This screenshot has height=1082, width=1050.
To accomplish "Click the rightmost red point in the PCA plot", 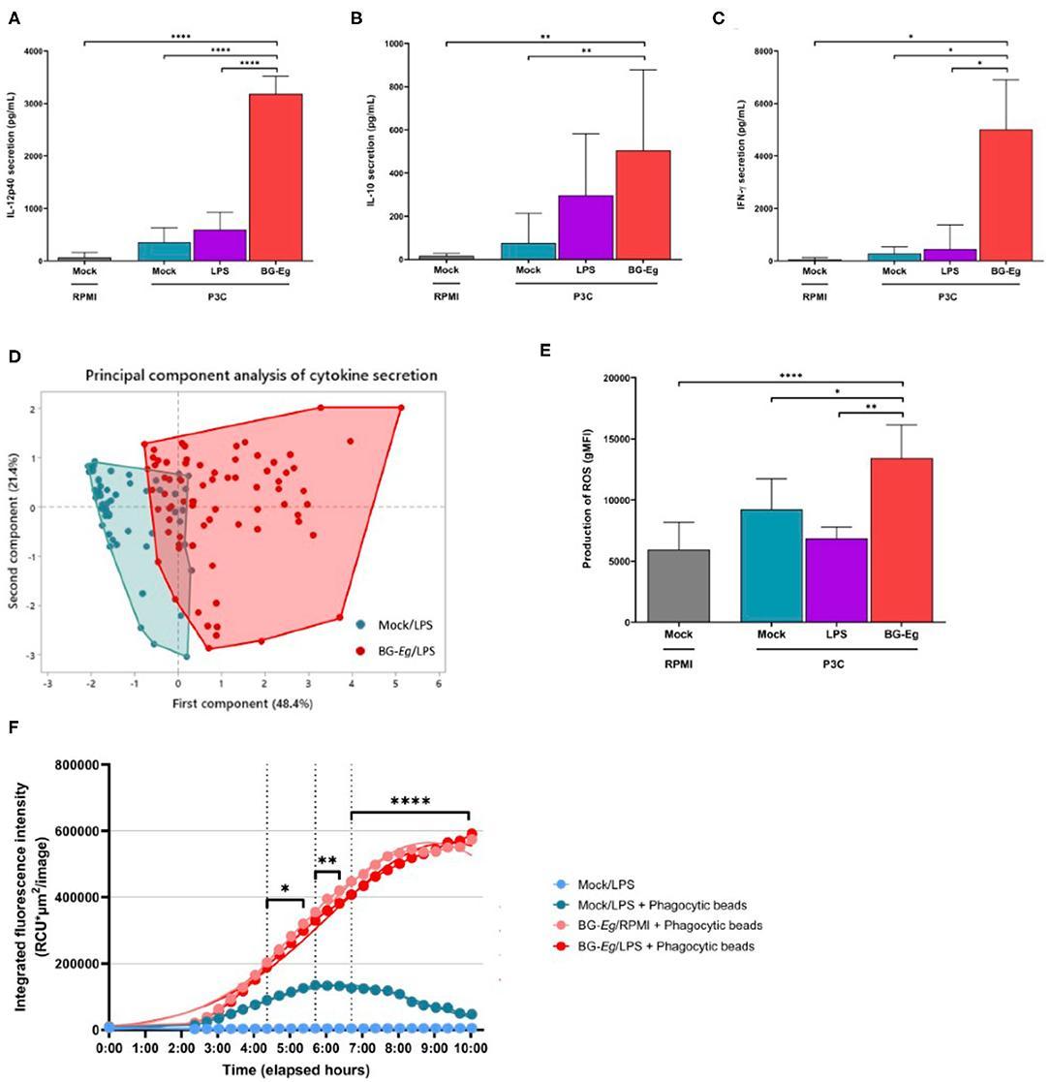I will click(x=401, y=408).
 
